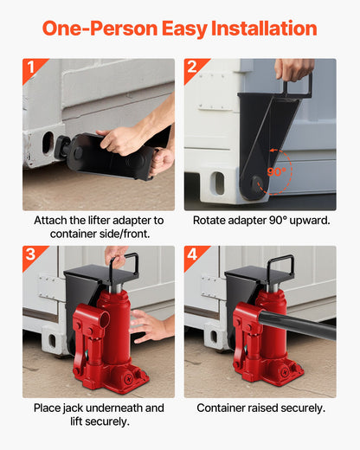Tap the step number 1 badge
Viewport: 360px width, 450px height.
click(31, 67)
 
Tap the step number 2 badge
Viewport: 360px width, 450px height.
click(192, 67)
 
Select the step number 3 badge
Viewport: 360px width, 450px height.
click(31, 254)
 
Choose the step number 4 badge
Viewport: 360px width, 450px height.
click(192, 254)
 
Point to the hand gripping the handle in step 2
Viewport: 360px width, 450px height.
click(294, 69)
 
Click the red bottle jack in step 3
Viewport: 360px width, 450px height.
click(101, 342)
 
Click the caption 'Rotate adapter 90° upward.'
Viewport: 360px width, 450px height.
click(260, 220)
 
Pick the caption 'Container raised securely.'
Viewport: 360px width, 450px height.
click(260, 407)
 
